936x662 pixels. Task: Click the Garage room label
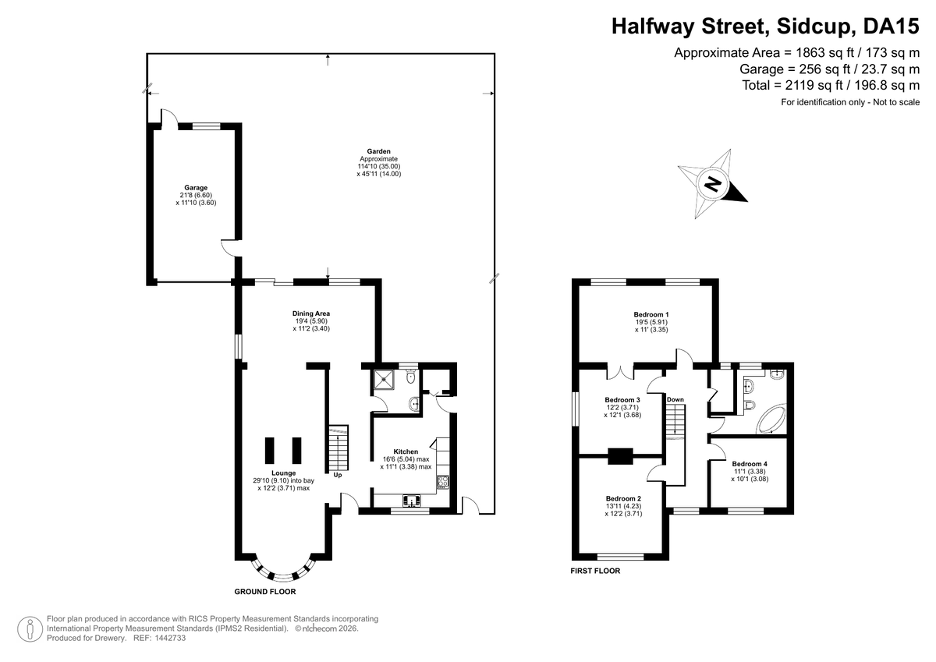tap(196, 188)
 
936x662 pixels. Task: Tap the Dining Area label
tap(311, 313)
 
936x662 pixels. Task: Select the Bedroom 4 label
tap(750, 464)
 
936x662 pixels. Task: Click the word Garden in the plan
tap(378, 151)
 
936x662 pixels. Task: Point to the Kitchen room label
tap(406, 451)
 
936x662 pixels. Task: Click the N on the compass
tap(713, 184)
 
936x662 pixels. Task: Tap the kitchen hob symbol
tap(443, 482)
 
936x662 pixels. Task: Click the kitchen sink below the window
tap(412, 501)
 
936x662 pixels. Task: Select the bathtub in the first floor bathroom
tap(771, 419)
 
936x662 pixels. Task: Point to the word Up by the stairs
tap(338, 475)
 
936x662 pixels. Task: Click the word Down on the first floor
tap(675, 400)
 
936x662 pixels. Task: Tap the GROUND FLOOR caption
tap(265, 591)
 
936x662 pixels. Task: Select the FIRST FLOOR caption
tap(595, 571)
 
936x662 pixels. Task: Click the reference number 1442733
tap(170, 638)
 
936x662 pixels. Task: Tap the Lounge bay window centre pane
tap(283, 578)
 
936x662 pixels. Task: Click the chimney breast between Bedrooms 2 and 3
tap(621, 456)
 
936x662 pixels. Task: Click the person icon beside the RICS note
tap(30, 629)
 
